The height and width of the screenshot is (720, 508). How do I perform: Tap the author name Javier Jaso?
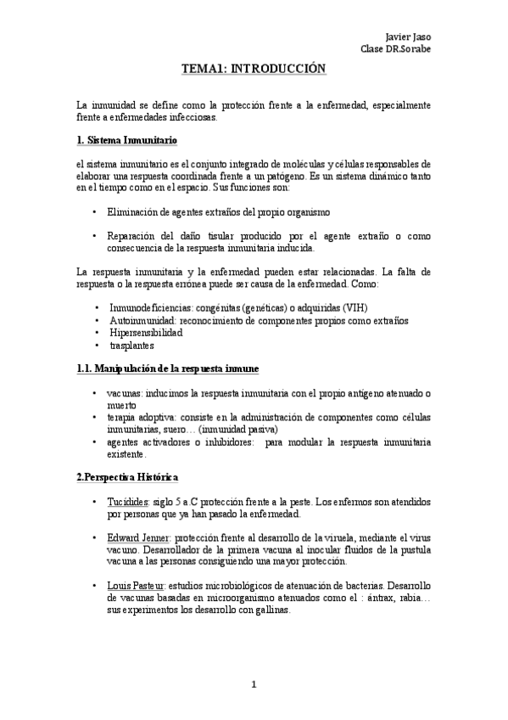point(408,37)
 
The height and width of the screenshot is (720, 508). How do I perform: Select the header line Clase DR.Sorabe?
point(395,48)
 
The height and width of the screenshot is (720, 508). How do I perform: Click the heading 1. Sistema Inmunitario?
point(126,138)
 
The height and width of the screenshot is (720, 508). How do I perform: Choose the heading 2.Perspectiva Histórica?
point(126,476)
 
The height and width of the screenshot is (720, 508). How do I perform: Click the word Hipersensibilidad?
point(145,333)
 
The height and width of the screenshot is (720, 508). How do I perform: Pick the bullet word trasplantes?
point(132,346)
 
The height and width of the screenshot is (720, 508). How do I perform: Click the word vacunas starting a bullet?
point(124,394)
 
